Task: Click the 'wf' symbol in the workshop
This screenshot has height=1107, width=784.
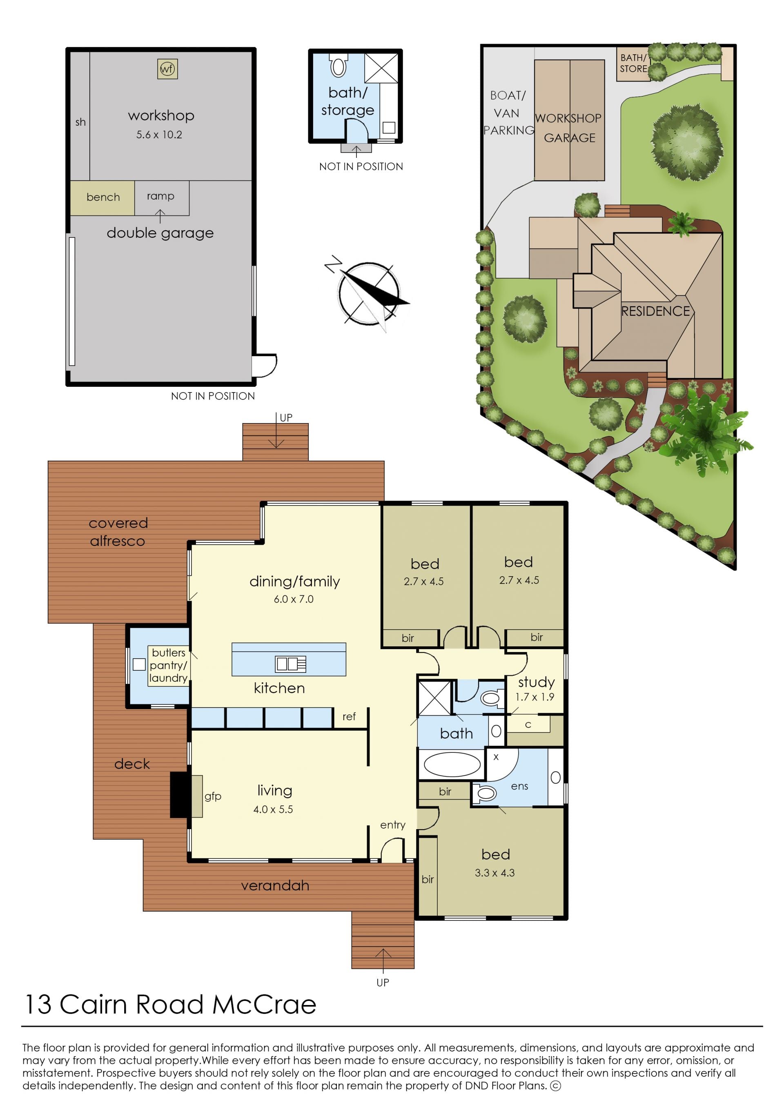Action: pyautogui.click(x=167, y=69)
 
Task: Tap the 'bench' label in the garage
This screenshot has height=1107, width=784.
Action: pyautogui.click(x=103, y=197)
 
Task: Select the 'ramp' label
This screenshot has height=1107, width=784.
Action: pyautogui.click(x=160, y=196)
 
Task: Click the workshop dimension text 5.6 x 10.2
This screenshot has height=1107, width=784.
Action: pyautogui.click(x=159, y=135)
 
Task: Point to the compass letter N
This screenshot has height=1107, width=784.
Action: pyautogui.click(x=333, y=264)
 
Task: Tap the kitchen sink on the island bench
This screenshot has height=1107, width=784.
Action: pyautogui.click(x=291, y=664)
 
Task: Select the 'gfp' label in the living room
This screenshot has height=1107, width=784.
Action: pyautogui.click(x=212, y=796)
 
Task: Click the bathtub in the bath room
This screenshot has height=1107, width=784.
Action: pyautogui.click(x=452, y=765)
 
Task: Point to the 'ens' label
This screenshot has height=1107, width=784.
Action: pyautogui.click(x=519, y=786)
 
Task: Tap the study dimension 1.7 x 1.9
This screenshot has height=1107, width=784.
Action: pyautogui.click(x=535, y=697)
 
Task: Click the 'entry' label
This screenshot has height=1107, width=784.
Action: pyautogui.click(x=392, y=825)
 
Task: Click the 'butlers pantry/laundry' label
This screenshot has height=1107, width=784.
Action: pyautogui.click(x=168, y=665)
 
